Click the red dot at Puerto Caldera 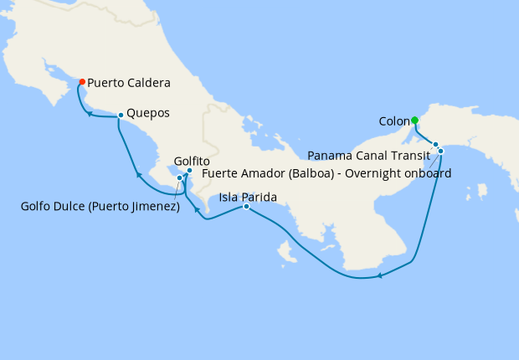tap(82, 82)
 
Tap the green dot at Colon tap(414, 120)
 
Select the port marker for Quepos tap(121, 115)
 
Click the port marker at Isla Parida tap(246, 206)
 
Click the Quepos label tap(149, 114)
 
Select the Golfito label tap(192, 161)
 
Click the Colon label tap(393, 121)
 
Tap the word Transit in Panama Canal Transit tap(409, 155)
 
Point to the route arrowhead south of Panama tap(379, 275)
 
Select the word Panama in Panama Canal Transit tap(328, 155)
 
